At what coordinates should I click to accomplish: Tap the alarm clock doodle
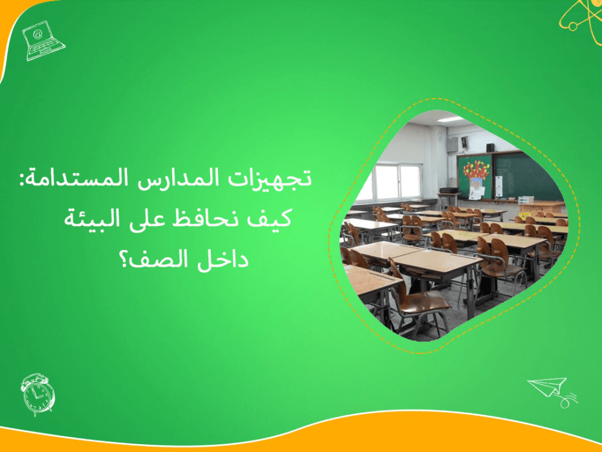(37, 394)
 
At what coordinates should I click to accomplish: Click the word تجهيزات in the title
(283, 179)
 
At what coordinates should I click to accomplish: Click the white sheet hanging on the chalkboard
(476, 191)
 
